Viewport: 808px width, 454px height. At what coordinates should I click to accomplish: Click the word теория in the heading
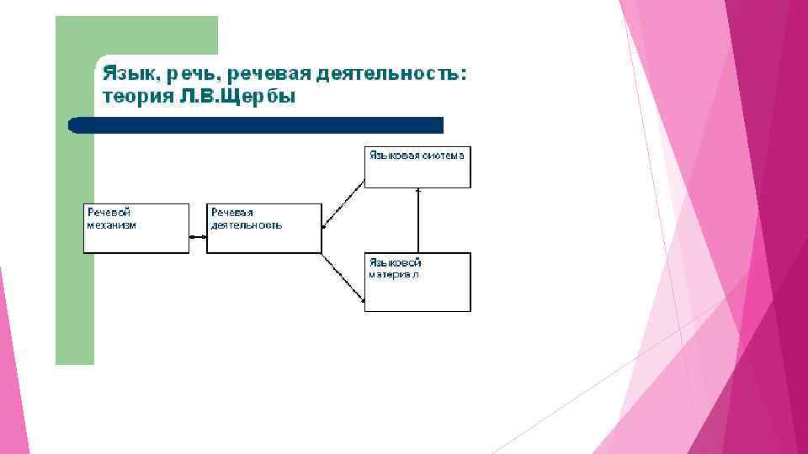[136, 96]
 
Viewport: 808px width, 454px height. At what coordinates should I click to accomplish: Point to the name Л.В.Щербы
[238, 96]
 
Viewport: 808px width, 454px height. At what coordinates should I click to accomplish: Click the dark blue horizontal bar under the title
[256, 125]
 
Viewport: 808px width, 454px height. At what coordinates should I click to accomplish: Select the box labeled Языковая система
[417, 167]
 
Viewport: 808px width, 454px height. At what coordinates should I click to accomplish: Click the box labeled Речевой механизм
[136, 229]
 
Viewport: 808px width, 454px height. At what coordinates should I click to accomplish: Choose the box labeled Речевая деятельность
[264, 229]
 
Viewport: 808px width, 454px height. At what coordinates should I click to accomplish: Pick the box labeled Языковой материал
[417, 282]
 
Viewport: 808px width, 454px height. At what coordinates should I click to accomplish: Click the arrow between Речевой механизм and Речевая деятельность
[198, 237]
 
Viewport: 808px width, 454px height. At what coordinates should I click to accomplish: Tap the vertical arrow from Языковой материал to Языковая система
[418, 220]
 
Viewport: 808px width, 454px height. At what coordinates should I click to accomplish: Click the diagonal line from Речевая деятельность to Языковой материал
[343, 277]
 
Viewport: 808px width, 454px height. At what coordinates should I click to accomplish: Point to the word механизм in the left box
[111, 224]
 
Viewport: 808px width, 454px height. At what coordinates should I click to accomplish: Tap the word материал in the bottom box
[394, 275]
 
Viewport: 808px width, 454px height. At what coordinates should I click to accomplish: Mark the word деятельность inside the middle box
[247, 224]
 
